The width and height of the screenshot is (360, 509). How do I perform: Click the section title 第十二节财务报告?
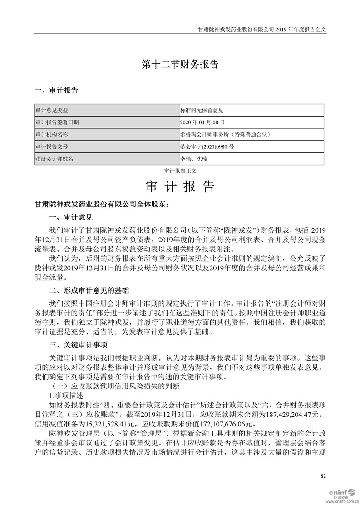pos(180,64)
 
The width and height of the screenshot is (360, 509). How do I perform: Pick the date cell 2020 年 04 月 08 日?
pos(202,122)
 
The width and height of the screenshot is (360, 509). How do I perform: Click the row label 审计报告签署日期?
pos(57,122)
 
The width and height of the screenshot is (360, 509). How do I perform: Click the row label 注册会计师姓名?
pos(54,159)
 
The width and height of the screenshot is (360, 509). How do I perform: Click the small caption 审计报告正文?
pos(180,171)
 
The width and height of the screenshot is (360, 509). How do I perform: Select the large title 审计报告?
pos(180,187)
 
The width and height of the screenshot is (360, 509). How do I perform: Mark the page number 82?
pos(323,475)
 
